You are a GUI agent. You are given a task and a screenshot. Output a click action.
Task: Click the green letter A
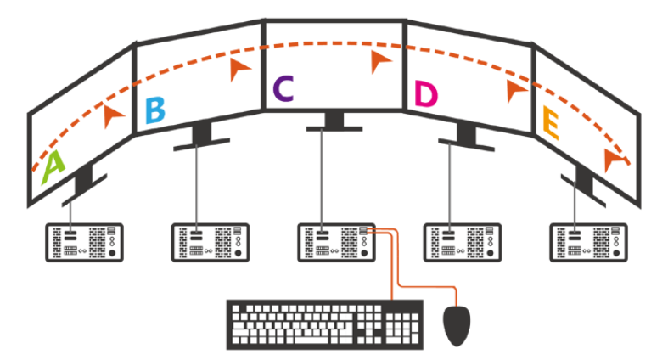[53, 167]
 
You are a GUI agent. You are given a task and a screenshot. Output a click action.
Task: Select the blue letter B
[155, 111]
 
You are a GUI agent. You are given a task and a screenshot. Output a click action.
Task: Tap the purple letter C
[283, 87]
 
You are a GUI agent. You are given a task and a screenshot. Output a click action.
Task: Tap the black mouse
[457, 325]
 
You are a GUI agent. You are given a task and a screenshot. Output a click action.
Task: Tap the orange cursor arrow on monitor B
[240, 70]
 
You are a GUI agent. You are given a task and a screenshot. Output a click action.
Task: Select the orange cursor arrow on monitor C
[382, 60]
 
